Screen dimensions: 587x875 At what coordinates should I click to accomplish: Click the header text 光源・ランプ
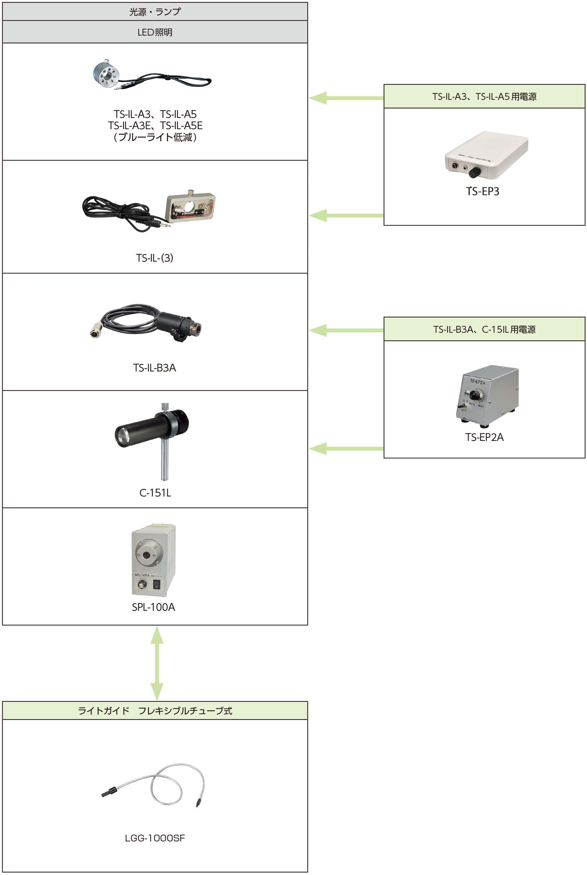[x=155, y=12]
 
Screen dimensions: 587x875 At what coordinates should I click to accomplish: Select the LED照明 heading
[x=155, y=32]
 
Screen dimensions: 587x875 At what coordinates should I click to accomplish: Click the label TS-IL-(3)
[x=155, y=258]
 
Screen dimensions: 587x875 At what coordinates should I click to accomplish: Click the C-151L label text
[x=155, y=493]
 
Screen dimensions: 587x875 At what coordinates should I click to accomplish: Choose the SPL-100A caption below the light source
[x=153, y=607]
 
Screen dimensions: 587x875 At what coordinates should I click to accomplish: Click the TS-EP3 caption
[x=483, y=191]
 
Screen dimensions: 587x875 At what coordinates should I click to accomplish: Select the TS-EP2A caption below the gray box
[x=484, y=437]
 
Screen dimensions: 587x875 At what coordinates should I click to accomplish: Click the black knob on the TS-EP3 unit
[x=475, y=172]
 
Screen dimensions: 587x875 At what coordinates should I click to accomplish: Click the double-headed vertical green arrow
[x=157, y=663]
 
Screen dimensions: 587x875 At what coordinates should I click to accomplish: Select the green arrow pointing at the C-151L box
[x=346, y=448]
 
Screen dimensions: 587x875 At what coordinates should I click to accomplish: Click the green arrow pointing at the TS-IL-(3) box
[x=346, y=215]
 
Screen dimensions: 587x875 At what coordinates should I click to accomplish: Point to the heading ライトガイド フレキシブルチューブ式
[x=155, y=711]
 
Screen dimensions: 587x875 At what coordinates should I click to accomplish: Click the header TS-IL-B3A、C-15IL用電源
[x=484, y=329]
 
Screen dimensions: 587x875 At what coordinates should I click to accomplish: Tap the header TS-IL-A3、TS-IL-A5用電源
[x=484, y=97]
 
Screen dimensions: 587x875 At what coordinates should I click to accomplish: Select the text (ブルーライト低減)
[x=155, y=137]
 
